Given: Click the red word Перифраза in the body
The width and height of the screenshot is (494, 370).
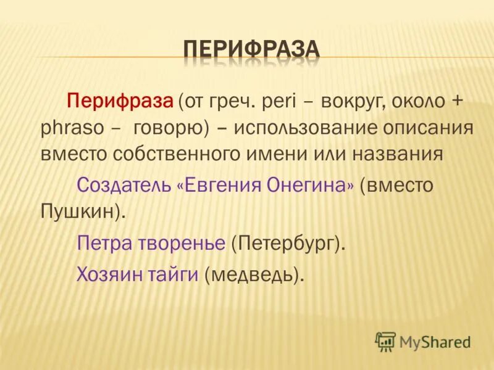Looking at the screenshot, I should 120,100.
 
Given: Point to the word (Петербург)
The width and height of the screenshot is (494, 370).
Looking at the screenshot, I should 288,242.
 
